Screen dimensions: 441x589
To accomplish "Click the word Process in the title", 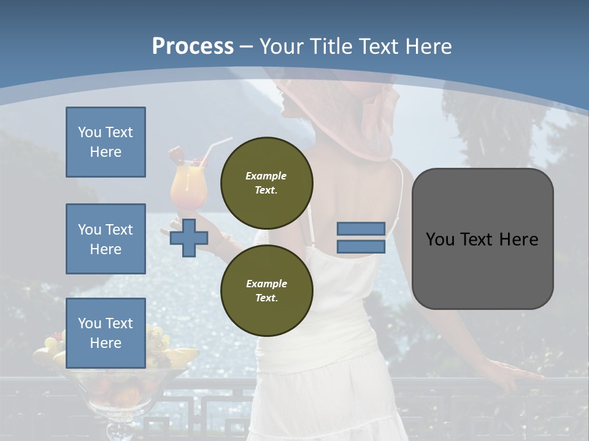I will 193,46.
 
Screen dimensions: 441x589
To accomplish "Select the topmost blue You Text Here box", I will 106,142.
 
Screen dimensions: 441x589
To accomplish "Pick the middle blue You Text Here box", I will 106,239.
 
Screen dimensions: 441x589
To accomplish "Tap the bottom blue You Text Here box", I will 106,333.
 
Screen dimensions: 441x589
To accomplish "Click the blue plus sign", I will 188,238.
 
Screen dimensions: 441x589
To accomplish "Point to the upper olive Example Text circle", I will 266,183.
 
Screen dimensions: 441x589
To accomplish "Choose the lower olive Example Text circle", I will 266,290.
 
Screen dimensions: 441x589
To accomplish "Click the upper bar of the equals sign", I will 361,229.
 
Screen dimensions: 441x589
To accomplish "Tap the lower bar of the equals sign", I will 361,246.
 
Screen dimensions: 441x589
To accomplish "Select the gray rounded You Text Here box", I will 482,239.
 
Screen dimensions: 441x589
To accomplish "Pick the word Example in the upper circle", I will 266,176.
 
